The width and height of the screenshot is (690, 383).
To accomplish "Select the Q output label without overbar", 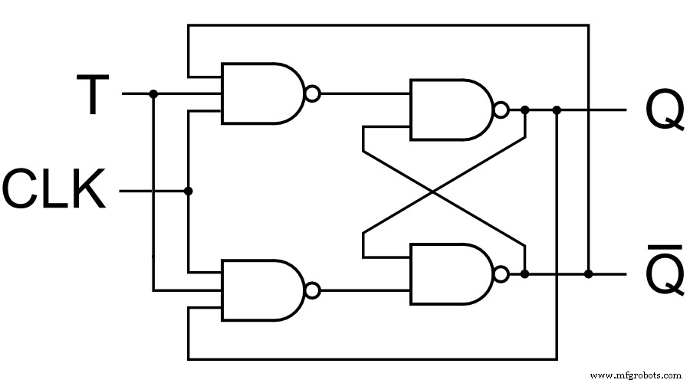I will (664, 111).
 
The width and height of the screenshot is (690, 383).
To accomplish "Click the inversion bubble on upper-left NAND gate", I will (311, 94).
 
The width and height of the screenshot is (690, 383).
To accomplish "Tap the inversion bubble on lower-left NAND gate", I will (311, 290).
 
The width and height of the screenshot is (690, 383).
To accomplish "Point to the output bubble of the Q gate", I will (501, 110).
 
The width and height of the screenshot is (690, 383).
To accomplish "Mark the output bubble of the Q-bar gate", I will (501, 273).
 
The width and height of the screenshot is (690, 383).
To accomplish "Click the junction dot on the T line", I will (153, 94).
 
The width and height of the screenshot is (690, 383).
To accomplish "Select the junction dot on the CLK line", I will (188, 190).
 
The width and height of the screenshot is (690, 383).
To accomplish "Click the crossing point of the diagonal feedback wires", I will (443, 191).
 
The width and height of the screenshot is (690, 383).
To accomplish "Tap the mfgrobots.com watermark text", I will (636, 375).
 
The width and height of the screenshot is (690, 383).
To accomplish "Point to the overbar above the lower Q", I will (664, 248).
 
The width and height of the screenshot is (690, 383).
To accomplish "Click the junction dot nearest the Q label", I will (557, 110).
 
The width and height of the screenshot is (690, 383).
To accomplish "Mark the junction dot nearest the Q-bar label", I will (588, 273).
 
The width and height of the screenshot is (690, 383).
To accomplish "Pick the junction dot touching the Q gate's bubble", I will (524, 110).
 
